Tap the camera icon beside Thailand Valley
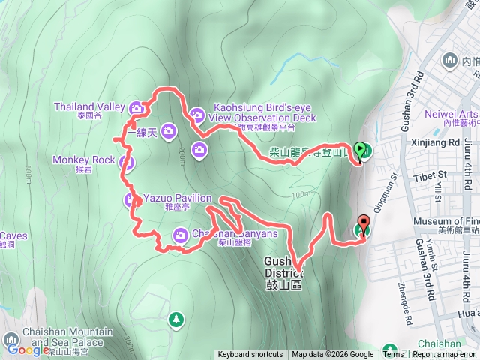[136, 108]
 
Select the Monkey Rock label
[83, 160]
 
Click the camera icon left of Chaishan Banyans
[180, 235]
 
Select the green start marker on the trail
[361, 151]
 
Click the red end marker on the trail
[364, 224]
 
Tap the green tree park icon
[175, 319]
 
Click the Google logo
[28, 349]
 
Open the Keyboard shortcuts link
[250, 355]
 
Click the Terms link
[393, 355]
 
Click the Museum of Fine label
[446, 222]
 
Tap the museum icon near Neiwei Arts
[450, 60]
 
